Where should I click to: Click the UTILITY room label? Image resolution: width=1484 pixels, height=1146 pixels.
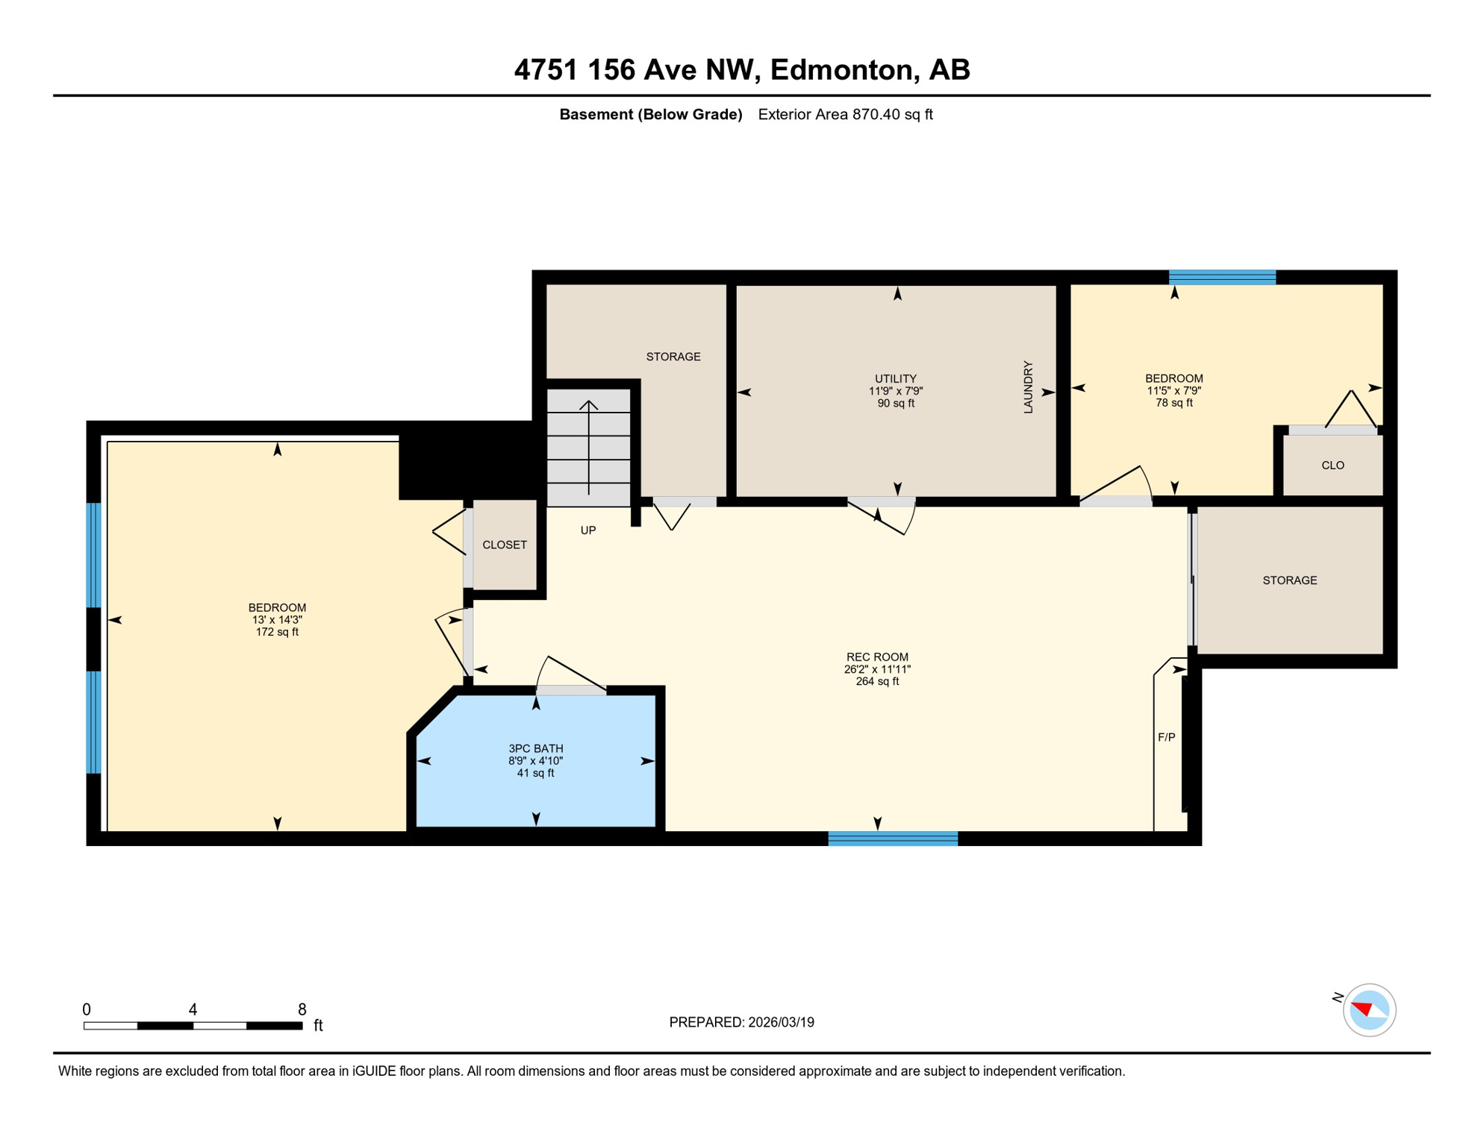(895, 378)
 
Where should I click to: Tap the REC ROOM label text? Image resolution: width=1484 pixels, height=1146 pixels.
(877, 657)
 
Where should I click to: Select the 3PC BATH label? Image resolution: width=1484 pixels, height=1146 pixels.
(535, 748)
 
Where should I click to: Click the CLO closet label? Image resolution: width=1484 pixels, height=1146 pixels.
(1332, 466)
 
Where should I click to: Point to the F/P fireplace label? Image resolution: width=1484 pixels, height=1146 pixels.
(1166, 737)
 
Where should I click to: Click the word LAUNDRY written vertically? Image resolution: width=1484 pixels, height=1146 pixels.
(1028, 387)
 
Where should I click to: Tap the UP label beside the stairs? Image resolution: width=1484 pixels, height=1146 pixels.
(588, 530)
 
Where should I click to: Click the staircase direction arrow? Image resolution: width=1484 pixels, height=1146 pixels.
(589, 448)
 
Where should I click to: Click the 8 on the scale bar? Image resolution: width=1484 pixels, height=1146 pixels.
(302, 1009)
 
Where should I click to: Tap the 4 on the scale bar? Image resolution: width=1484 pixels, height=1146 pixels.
(193, 1009)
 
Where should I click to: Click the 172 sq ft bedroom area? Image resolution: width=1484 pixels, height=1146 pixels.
(277, 632)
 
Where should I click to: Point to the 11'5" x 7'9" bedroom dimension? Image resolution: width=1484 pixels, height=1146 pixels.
(1173, 390)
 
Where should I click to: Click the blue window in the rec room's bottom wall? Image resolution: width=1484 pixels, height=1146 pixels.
(893, 839)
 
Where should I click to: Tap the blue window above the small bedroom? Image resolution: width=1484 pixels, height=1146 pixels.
(1222, 277)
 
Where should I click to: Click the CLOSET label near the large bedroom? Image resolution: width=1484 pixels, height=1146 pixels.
(505, 545)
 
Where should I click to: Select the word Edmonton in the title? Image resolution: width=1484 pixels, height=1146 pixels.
(842, 69)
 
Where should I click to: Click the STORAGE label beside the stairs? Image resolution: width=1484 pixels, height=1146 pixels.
(673, 357)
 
